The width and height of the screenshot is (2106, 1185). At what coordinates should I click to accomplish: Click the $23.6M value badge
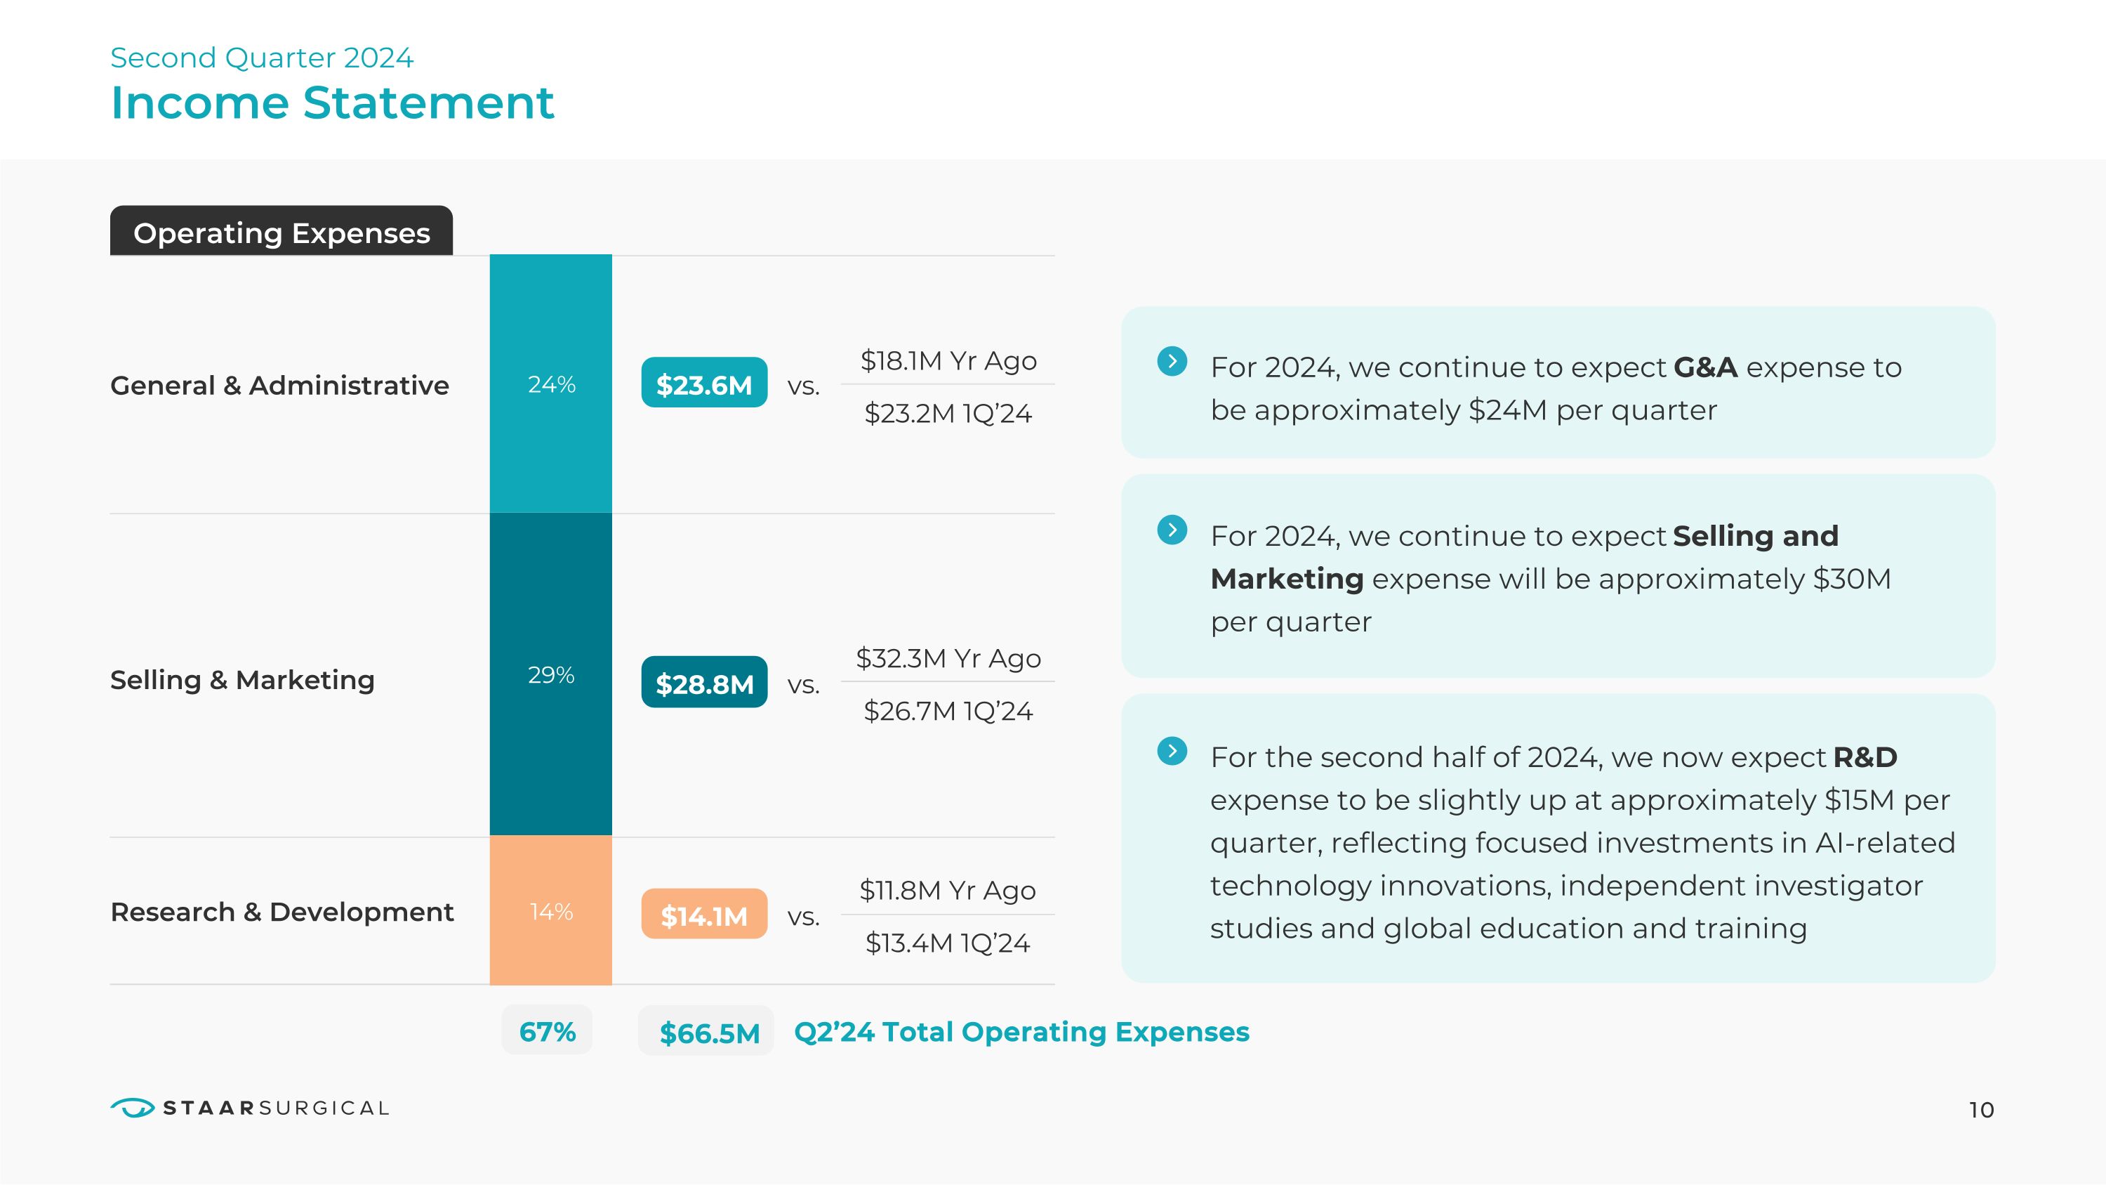tap(704, 383)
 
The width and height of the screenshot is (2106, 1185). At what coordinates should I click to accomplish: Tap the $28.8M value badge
tap(704, 682)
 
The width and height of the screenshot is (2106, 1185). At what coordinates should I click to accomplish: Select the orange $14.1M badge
tap(704, 915)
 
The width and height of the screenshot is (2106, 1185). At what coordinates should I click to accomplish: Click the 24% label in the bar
tap(551, 384)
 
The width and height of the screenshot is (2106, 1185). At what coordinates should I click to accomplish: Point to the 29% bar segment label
tap(551, 675)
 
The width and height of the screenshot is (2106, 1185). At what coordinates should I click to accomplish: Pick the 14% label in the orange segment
tap(551, 911)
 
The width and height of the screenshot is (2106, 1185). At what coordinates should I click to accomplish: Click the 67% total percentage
tap(547, 1031)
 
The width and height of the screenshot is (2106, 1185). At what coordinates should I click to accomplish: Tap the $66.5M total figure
tap(709, 1032)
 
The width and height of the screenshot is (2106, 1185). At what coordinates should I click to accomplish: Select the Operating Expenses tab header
tap(282, 233)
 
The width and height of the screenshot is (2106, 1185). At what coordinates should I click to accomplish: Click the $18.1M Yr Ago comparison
tap(948, 360)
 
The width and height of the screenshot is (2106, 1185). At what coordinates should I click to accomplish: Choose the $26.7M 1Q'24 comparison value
tap(948, 711)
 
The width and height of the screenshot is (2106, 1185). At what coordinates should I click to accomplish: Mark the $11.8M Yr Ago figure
tap(948, 890)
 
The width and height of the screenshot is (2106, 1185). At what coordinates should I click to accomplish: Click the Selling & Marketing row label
tap(242, 679)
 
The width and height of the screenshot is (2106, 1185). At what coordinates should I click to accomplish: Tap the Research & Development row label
tap(282, 911)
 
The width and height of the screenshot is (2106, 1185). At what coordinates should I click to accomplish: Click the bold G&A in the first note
tap(1705, 367)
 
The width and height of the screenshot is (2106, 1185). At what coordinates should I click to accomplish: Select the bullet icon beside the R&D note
tap(1172, 751)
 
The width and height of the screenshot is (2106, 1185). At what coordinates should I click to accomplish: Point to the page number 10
tap(1981, 1110)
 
